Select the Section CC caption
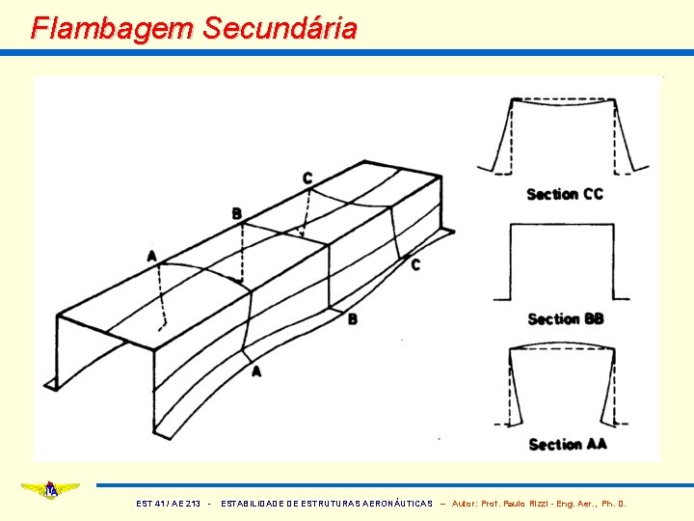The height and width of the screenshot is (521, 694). [x=565, y=194]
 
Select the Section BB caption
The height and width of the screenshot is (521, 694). [x=566, y=318]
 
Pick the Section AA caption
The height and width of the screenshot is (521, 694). [x=568, y=444]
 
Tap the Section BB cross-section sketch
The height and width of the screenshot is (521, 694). [x=562, y=262]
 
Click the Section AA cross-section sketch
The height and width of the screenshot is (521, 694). [x=562, y=386]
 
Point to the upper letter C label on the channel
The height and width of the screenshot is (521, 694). [x=307, y=178]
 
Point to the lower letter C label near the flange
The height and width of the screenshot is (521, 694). [x=415, y=264]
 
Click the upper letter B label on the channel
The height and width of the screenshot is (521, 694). [x=236, y=213]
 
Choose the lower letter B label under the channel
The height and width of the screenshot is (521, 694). [x=352, y=319]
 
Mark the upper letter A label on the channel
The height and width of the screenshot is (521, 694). [x=152, y=256]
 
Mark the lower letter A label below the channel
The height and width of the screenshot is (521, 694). [x=255, y=370]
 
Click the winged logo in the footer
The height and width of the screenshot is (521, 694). [x=50, y=490]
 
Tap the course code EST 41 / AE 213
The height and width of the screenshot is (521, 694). [x=170, y=504]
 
